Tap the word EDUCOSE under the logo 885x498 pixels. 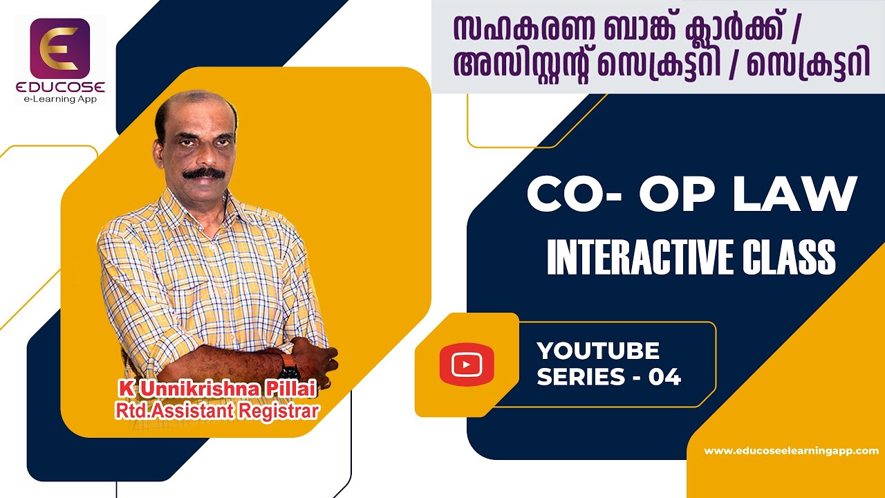60,88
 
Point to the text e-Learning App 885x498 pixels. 60,99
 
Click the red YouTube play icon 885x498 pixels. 467,364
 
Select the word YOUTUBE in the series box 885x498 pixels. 598,351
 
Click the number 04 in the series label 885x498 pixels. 664,377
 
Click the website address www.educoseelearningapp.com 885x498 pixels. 791,450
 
